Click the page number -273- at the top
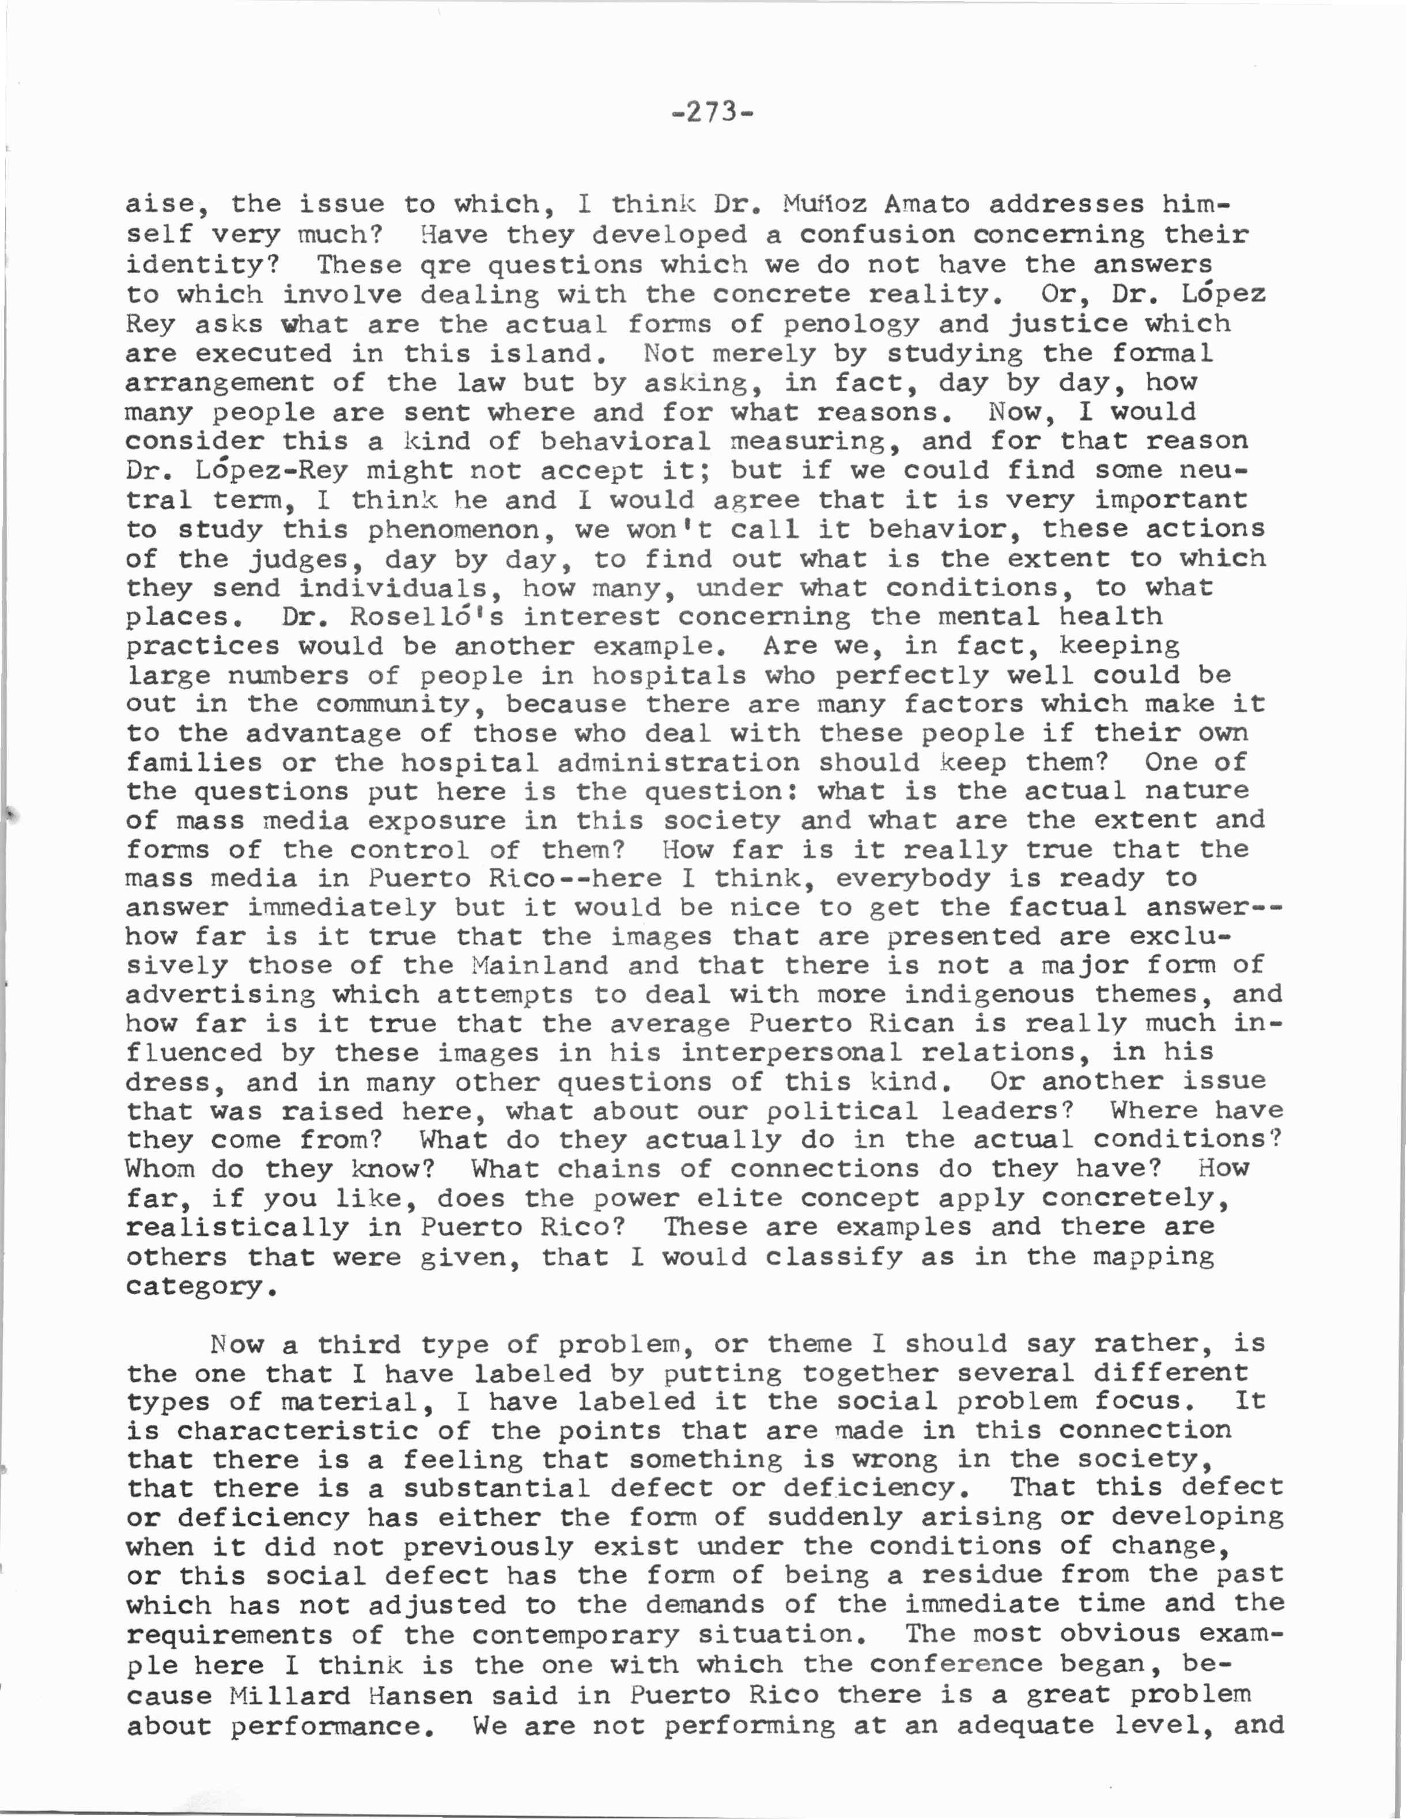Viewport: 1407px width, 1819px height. [x=712, y=112]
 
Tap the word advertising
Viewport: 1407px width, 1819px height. [x=221, y=995]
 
